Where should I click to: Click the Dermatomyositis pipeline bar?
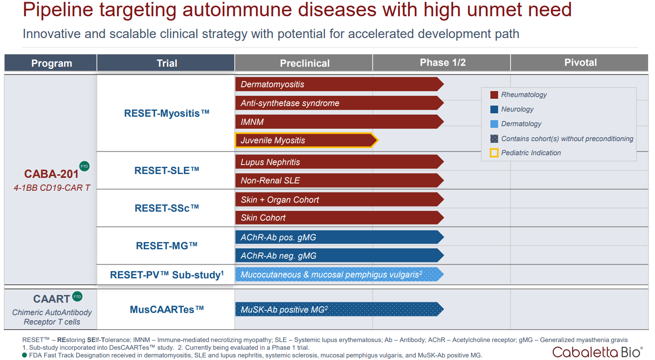[x=338, y=84]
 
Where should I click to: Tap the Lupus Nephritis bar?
[x=338, y=162]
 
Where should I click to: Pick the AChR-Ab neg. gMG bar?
[x=338, y=256]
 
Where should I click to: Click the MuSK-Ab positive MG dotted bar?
[x=338, y=309]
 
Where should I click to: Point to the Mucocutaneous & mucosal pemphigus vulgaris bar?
[x=338, y=274]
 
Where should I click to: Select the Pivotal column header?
[x=580, y=63]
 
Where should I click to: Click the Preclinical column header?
[x=304, y=63]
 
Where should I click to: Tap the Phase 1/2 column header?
[x=442, y=63]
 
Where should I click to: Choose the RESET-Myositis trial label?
[x=166, y=113]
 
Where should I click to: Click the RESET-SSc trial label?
[x=166, y=208]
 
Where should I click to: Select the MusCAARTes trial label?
[x=166, y=310]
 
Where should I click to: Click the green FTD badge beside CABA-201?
[x=85, y=166]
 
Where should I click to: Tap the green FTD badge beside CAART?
[x=77, y=296]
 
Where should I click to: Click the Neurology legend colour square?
[x=494, y=109]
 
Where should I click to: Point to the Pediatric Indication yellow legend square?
[x=494, y=153]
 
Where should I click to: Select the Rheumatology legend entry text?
[x=524, y=95]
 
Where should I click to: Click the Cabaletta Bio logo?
[x=597, y=352]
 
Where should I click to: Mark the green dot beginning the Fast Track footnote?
[x=25, y=355]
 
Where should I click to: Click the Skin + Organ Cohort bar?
[x=338, y=200]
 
